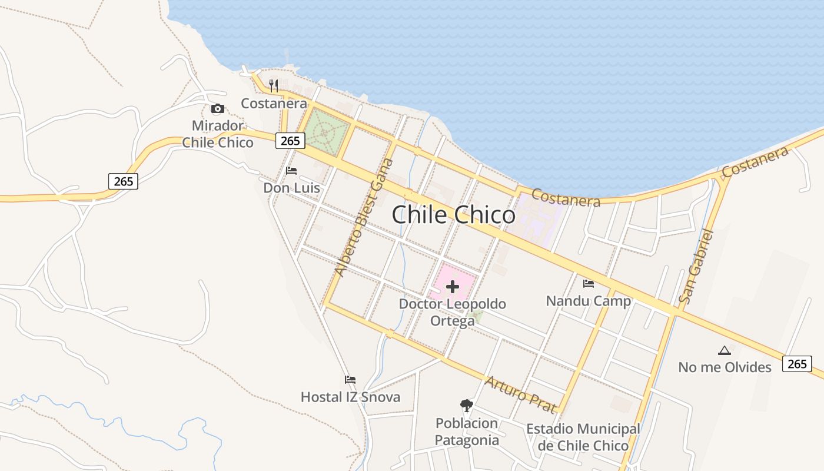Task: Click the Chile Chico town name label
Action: [453, 215]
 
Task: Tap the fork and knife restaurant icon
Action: [274, 86]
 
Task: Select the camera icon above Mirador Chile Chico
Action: [218, 109]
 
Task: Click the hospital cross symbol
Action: [453, 287]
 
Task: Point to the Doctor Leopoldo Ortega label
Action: [453, 312]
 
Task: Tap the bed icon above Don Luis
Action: [291, 171]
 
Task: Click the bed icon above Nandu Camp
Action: [589, 284]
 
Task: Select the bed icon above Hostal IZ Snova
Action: [350, 380]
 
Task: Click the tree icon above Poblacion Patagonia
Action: [467, 405]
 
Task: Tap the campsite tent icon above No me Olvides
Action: [725, 351]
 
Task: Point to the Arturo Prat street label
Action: [520, 394]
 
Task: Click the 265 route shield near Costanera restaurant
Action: [290, 141]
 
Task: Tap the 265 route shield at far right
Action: [797, 364]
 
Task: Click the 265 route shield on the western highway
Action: [123, 181]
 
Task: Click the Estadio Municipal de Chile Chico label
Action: [583, 437]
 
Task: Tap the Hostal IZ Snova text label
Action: [350, 397]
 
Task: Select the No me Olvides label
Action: [725, 367]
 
